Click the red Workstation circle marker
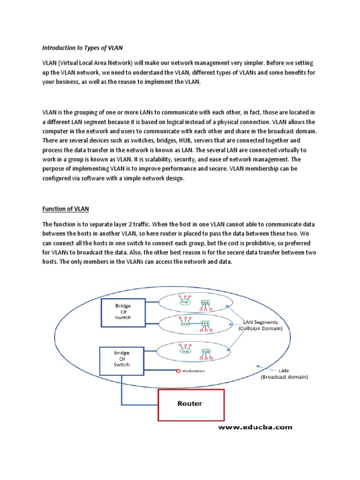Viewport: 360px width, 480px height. click(178, 371)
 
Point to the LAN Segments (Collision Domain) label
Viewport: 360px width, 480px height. click(262, 325)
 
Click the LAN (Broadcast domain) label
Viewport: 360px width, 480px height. click(284, 373)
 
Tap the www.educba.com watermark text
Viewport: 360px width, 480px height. click(255, 427)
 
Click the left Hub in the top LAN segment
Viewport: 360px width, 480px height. click(184, 302)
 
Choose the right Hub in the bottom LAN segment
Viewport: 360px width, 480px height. click(205, 351)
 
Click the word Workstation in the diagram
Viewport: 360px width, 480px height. click(194, 371)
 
